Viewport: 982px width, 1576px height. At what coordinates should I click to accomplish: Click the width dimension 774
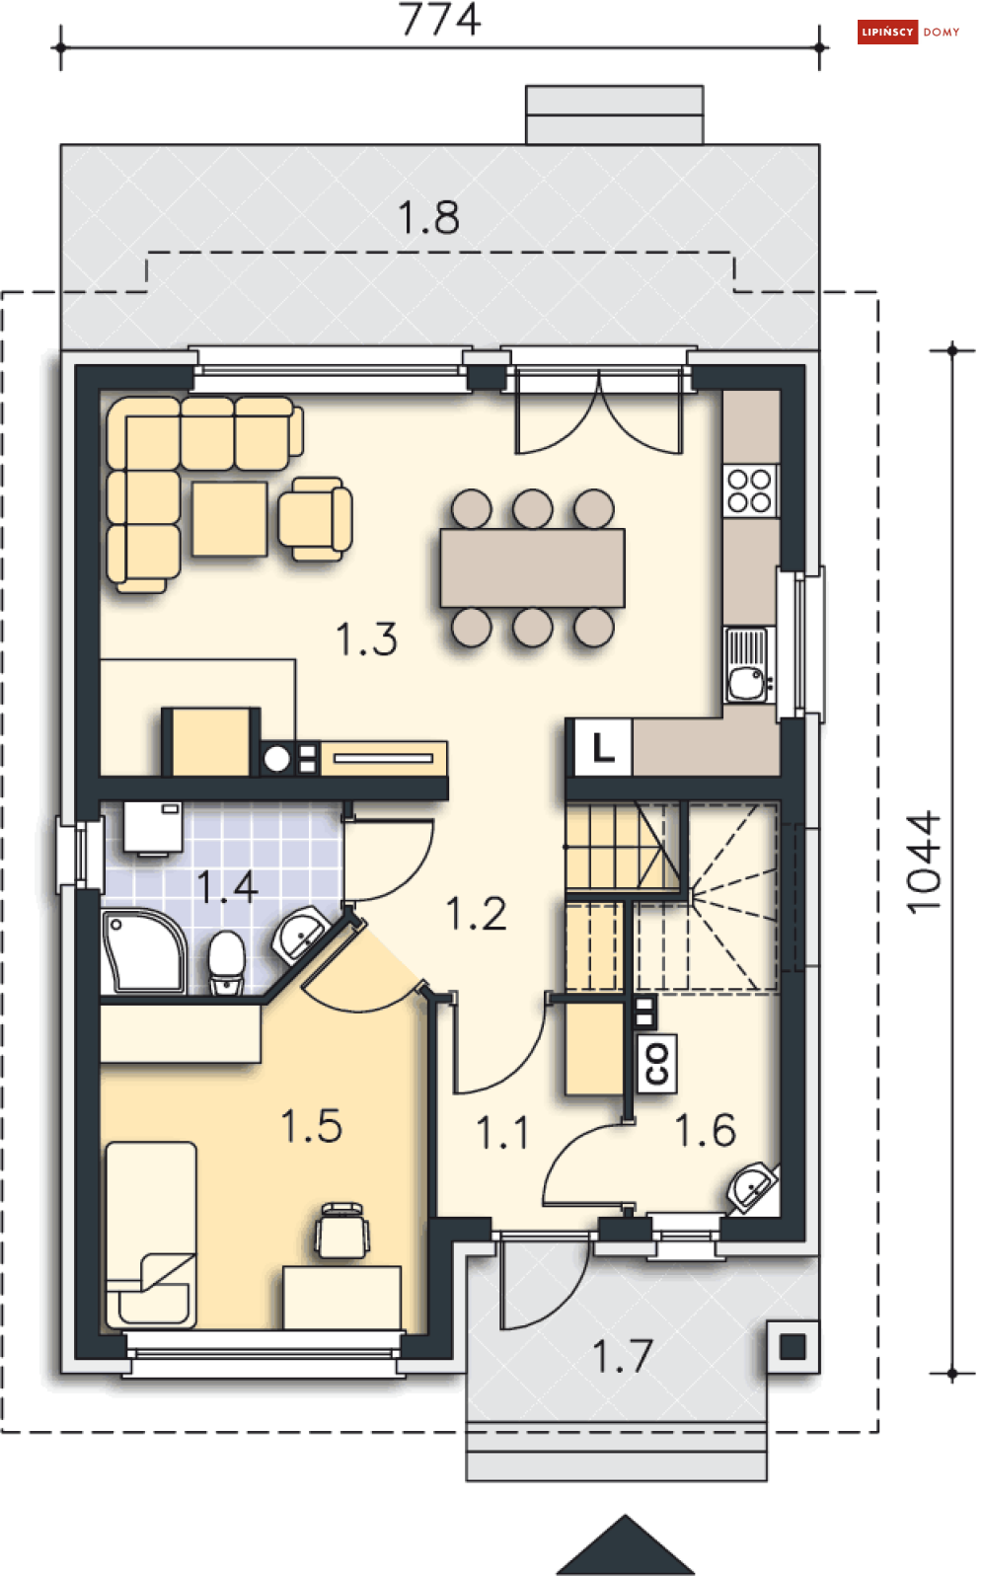[440, 19]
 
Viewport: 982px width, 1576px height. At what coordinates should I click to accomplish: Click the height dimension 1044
[923, 863]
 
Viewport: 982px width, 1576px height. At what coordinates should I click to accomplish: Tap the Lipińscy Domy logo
[908, 32]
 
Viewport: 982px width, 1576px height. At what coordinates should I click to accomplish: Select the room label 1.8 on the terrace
[428, 217]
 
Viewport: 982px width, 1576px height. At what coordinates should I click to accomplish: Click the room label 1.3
[366, 638]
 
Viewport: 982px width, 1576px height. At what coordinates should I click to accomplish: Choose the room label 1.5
[311, 1125]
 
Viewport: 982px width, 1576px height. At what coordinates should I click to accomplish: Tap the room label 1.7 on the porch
[623, 1357]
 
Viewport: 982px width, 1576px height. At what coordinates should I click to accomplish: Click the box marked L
[603, 747]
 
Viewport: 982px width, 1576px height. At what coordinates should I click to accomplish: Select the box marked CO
[657, 1063]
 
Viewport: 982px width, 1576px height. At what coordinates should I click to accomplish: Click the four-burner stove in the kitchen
[750, 491]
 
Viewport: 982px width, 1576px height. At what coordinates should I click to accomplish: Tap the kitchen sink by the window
[749, 665]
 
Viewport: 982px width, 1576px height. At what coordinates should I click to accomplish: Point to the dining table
[533, 567]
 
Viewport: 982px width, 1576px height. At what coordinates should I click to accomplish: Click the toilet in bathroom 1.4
[227, 962]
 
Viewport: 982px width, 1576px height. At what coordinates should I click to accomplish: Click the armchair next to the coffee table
[315, 519]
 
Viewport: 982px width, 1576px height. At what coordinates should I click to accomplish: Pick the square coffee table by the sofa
[230, 519]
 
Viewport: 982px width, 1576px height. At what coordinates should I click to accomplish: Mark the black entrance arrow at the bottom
[626, 1546]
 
